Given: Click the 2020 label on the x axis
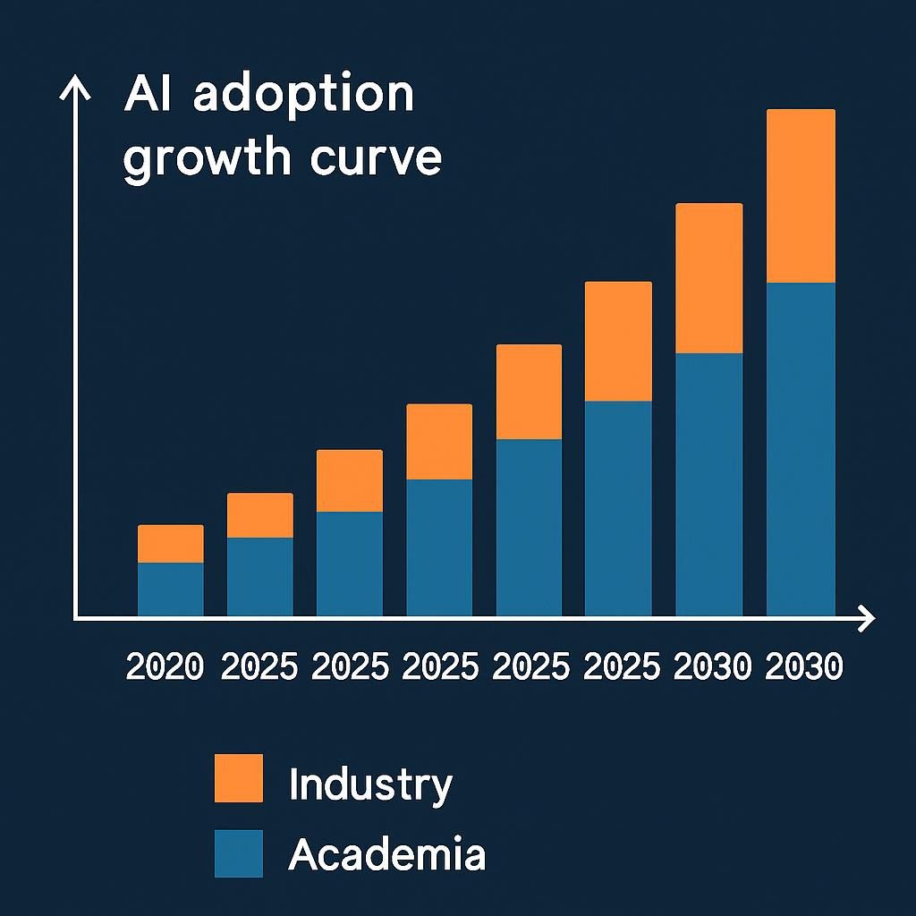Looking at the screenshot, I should (165, 666).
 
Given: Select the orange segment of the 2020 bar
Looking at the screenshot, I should (170, 543).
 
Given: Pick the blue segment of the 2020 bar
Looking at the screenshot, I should (170, 589).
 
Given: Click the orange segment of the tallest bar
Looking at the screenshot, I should (801, 196).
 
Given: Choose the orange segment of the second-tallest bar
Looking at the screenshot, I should (708, 278).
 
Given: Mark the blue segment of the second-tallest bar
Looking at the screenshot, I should (708, 484).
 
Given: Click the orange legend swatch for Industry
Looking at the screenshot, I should (239, 777).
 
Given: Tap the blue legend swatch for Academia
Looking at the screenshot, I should (239, 853).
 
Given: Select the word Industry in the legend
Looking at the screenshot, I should (370, 785).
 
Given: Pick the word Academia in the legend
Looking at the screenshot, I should (386, 855).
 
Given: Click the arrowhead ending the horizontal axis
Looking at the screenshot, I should (866, 617).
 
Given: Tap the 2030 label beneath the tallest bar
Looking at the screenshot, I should (804, 666).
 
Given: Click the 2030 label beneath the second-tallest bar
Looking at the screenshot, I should (711, 666).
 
